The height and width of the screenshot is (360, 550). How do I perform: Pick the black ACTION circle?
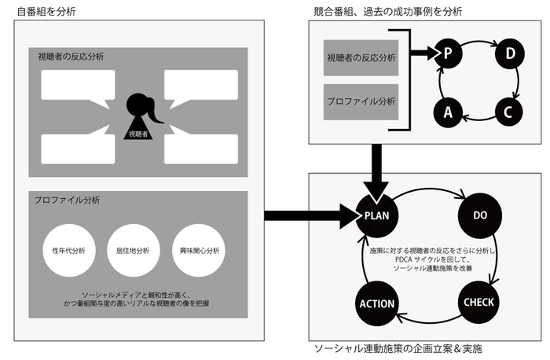tap(377, 303)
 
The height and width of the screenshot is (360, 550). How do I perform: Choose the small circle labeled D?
tap(508, 53)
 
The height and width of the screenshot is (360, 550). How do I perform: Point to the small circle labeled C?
tap(508, 112)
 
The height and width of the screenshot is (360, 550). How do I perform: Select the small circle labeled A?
tap(448, 112)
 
